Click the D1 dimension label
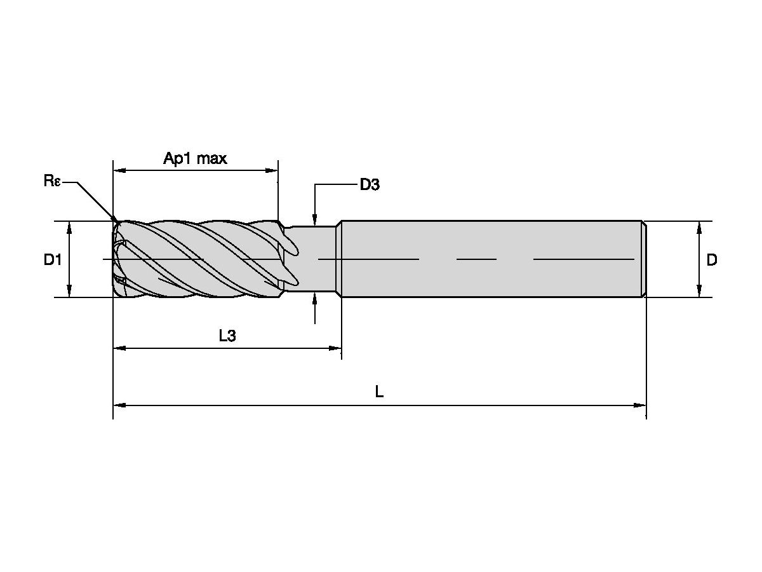click(x=53, y=259)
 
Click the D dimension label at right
click(x=712, y=259)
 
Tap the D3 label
click(x=370, y=185)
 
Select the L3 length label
click(x=227, y=336)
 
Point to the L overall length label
click(x=379, y=392)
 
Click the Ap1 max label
click(x=195, y=158)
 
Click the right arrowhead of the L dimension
click(x=641, y=404)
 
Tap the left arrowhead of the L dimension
click(x=118, y=404)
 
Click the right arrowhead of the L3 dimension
click(x=337, y=348)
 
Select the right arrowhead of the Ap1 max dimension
click(x=273, y=170)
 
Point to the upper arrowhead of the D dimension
click(x=699, y=226)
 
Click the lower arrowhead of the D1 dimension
click(x=70, y=292)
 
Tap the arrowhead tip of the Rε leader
click(x=116, y=221)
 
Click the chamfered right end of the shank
click(x=644, y=259)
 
